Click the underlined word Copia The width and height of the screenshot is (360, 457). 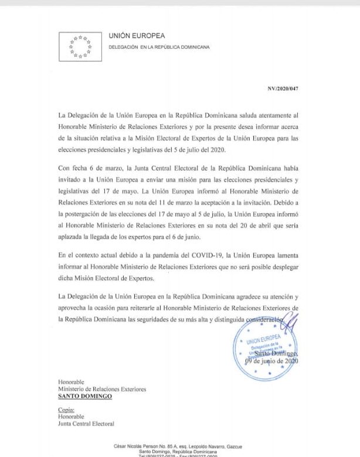click(66, 410)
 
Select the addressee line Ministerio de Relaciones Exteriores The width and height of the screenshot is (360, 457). click(102, 389)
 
